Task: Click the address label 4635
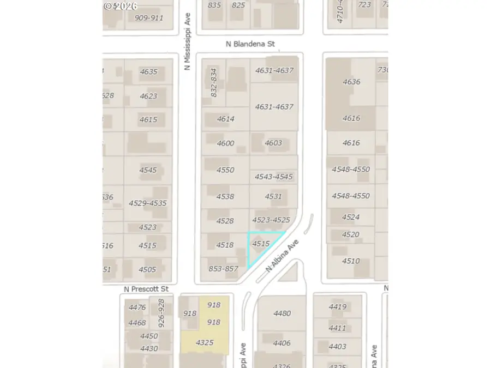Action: pos(148,71)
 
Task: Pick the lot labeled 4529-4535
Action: pos(147,203)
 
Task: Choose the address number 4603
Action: pos(273,143)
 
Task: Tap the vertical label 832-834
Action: pos(214,82)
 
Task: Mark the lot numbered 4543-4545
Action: pos(274,177)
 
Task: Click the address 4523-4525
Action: pos(271,220)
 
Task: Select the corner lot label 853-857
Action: pos(224,268)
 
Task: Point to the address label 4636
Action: pos(351,82)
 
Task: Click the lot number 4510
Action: pos(351,261)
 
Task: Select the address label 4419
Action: pos(338,307)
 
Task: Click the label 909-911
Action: pos(149,17)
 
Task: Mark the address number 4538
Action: pos(225,196)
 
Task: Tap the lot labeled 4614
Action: pos(225,118)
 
